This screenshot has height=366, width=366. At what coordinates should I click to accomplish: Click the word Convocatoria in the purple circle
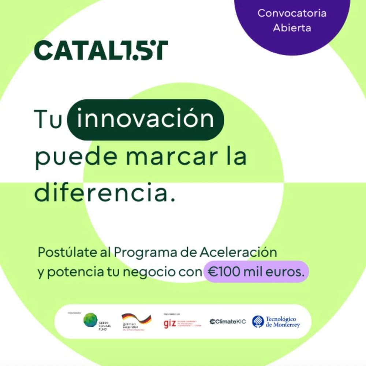pos(292,13)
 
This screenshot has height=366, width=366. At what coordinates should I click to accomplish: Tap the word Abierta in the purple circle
pos(292,28)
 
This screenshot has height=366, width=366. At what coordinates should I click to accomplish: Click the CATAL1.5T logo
pos(101,50)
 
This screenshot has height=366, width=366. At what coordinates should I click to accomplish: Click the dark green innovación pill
pos(146,120)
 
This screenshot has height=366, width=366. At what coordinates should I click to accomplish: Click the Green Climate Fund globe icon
pos(90,320)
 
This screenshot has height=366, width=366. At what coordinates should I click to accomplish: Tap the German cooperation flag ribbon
pos(136,318)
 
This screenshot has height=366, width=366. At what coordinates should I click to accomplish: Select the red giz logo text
pos(169,324)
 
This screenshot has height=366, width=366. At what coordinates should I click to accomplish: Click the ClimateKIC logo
pos(228,322)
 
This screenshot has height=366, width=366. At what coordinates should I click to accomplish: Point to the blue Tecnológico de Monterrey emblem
pos(258,321)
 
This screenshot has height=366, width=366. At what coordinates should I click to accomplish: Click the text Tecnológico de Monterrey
pos(282,322)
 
